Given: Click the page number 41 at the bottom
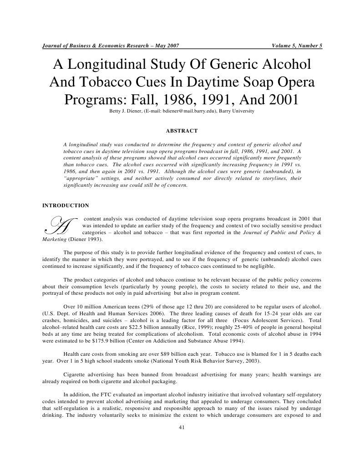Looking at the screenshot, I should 180,428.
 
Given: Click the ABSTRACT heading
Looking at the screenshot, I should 180,131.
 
